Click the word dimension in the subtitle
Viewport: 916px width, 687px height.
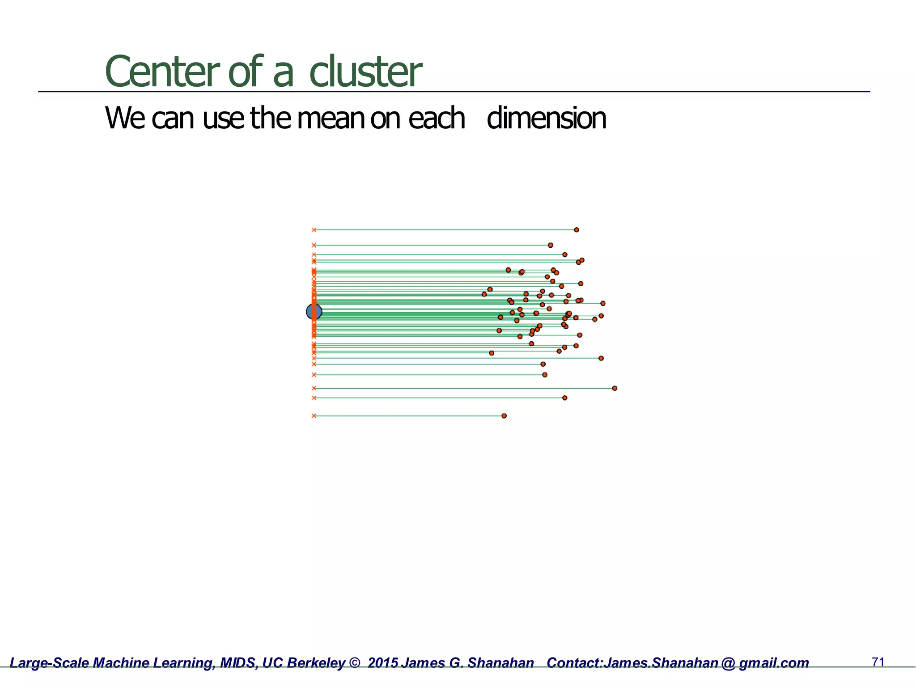tap(546, 119)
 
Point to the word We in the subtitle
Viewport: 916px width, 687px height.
tap(125, 119)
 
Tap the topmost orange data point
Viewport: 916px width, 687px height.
tap(577, 230)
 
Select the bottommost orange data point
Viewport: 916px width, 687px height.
tap(504, 416)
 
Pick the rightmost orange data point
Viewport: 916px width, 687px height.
tap(615, 388)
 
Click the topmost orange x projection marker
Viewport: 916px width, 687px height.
tap(314, 230)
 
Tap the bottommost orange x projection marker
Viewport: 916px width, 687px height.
tap(314, 416)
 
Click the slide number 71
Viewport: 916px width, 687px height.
tap(878, 662)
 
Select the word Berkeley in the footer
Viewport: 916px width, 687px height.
tap(316, 663)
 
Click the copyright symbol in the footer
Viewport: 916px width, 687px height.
tap(354, 663)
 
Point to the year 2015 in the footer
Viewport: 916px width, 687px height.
tap(383, 663)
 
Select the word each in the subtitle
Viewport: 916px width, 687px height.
tap(437, 119)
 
